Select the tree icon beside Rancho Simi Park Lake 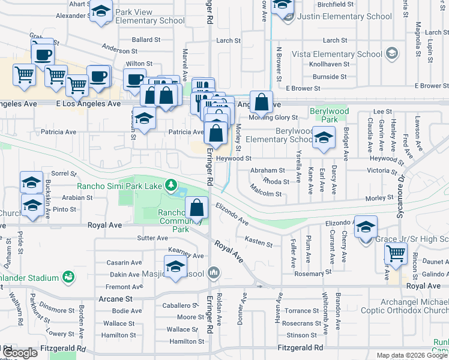172,185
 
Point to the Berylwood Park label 325,116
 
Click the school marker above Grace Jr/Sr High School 365,227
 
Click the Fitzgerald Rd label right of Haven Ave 300,347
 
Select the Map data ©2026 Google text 411,355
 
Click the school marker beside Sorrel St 32,182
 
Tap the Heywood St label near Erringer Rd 234,158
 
